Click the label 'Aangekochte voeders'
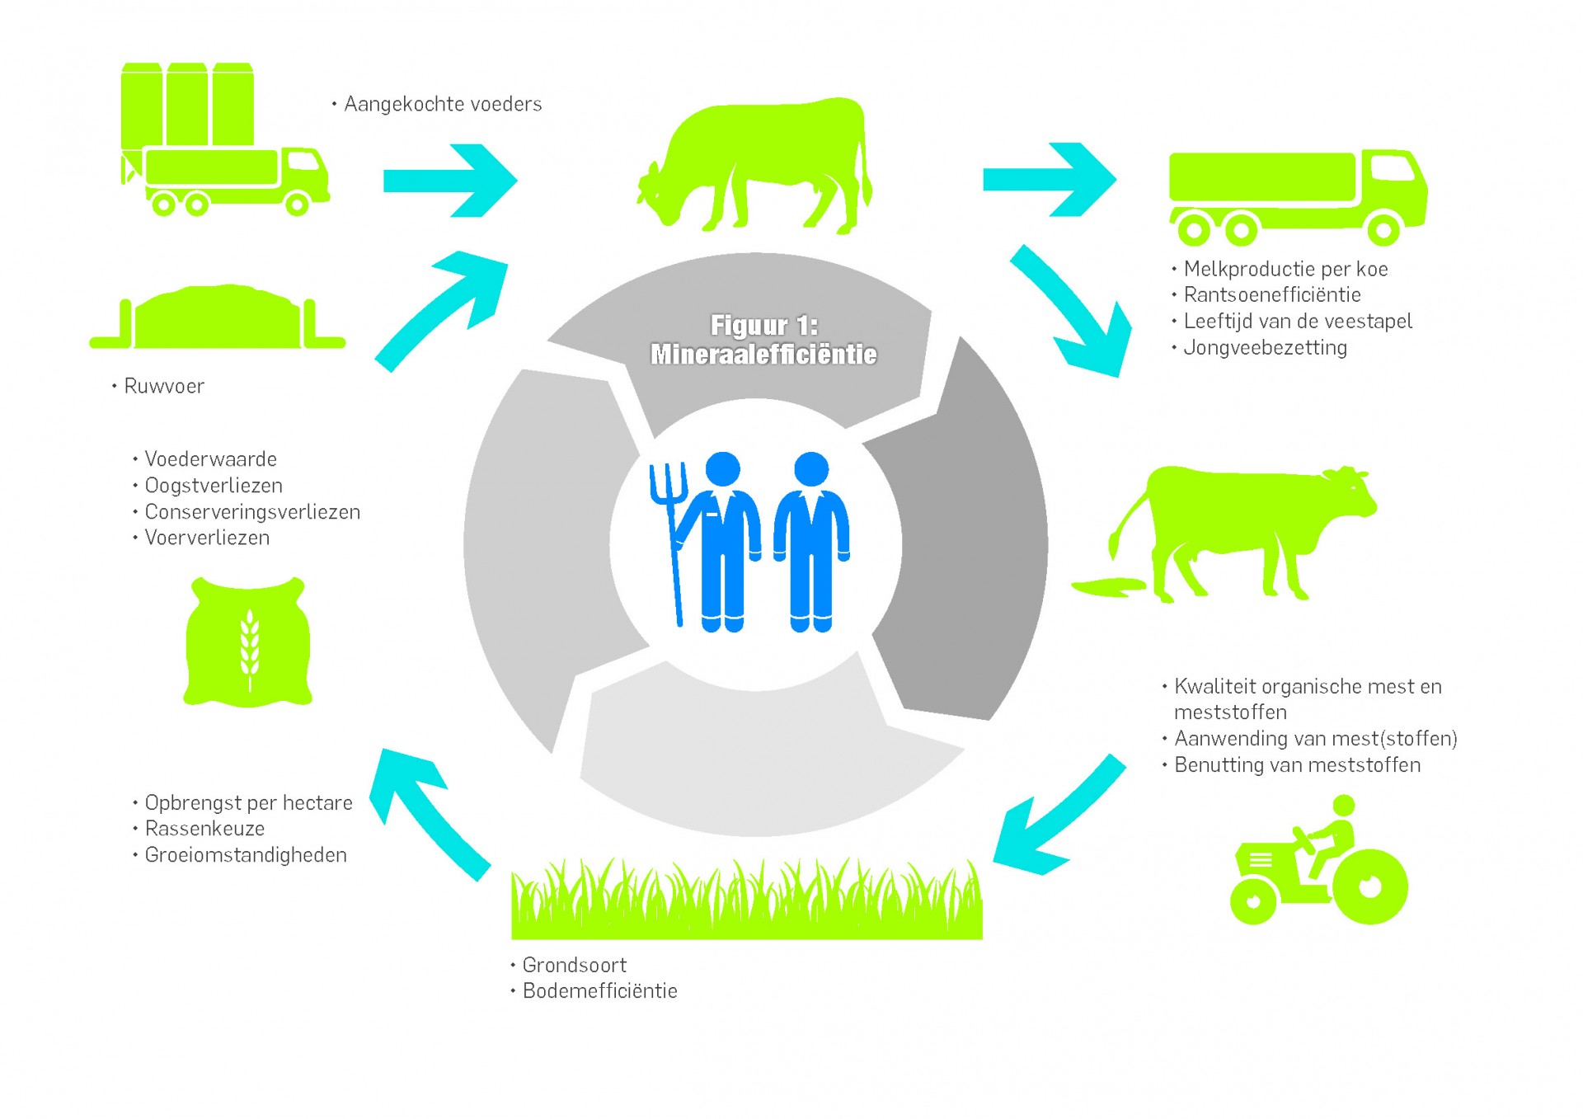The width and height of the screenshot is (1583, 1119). pyautogui.click(x=443, y=105)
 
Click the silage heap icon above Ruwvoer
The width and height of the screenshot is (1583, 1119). pyautogui.click(x=218, y=318)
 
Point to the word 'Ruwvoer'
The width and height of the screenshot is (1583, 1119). pyautogui.click(x=163, y=386)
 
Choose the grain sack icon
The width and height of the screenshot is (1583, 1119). pyautogui.click(x=247, y=642)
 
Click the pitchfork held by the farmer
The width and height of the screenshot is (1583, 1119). pyautogui.click(x=669, y=536)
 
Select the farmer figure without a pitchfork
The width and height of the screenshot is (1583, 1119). pyautogui.click(x=811, y=540)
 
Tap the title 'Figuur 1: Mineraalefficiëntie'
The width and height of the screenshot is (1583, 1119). pyautogui.click(x=763, y=340)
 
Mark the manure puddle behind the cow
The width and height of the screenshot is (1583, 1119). pyautogui.click(x=1109, y=586)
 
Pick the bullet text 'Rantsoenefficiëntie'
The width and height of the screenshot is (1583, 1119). pyautogui.click(x=1272, y=295)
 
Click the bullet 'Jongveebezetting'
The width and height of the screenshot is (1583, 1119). pyautogui.click(x=1265, y=348)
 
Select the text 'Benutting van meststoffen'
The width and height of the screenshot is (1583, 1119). pyautogui.click(x=1297, y=765)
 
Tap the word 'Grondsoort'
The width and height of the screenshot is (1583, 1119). pyautogui.click(x=574, y=965)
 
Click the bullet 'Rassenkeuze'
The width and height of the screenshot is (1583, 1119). pyautogui.click(x=204, y=829)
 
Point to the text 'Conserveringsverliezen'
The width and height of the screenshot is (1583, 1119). pyautogui.click(x=252, y=512)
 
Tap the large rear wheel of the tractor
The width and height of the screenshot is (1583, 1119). pyautogui.click(x=1369, y=886)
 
